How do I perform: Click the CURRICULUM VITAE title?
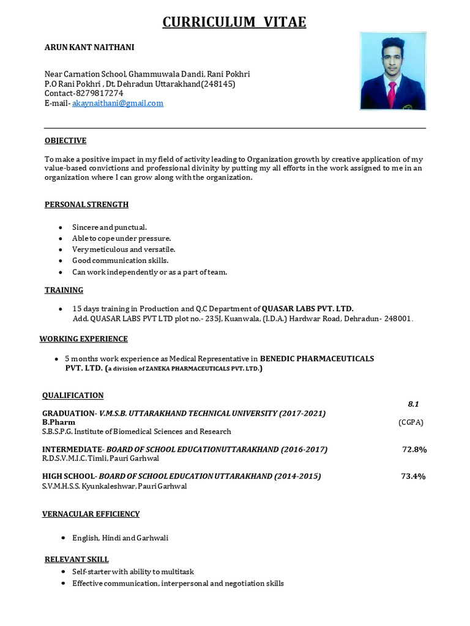click(x=234, y=23)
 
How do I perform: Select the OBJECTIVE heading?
click(x=65, y=141)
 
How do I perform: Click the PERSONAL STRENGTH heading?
click(x=86, y=204)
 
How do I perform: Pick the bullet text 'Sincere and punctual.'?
click(x=110, y=227)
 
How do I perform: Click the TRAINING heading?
click(x=64, y=290)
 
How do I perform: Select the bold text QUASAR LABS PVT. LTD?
click(x=308, y=308)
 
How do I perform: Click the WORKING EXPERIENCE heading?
click(x=84, y=339)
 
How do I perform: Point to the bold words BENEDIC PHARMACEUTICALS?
click(x=317, y=358)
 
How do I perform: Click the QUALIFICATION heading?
click(x=73, y=395)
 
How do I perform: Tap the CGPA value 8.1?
click(x=413, y=403)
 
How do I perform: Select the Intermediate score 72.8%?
click(x=414, y=449)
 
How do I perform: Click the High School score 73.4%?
click(x=413, y=476)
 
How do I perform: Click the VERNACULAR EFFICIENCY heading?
click(x=91, y=514)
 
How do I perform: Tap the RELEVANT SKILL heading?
click(x=77, y=559)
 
